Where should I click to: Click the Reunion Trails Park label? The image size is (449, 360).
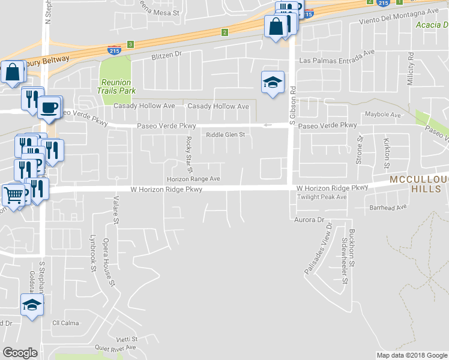115,86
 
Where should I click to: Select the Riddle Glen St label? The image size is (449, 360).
226,135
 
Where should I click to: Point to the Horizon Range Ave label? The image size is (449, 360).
193,179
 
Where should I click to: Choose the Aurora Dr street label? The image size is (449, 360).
309,220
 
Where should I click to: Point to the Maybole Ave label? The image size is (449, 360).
382,115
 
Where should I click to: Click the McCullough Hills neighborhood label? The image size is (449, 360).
418,184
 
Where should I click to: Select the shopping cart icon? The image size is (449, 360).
15,193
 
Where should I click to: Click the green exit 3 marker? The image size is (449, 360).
130,44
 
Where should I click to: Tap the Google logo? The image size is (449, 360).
20,353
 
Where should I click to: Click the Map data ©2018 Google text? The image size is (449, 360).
411,355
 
